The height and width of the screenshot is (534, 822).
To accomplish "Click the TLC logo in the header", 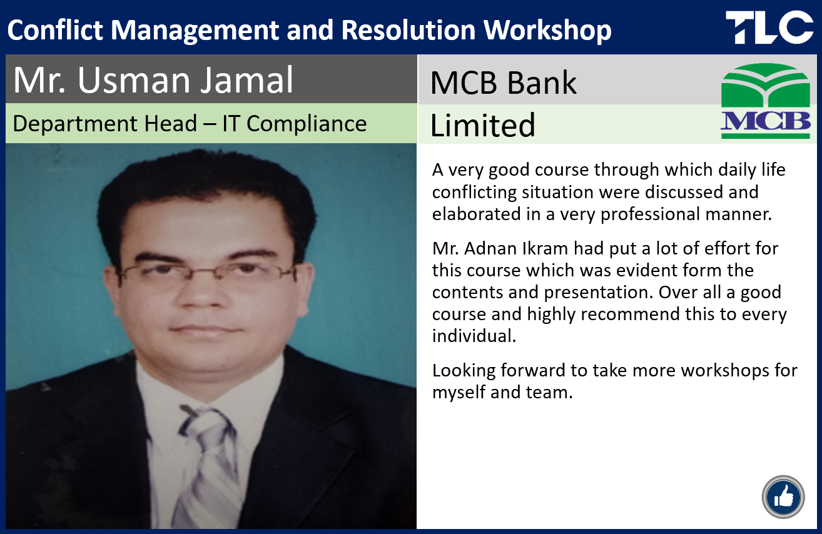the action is click(x=769, y=27).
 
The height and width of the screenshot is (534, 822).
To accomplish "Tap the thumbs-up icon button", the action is click(x=783, y=497).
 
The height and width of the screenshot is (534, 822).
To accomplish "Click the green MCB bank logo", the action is click(x=766, y=101).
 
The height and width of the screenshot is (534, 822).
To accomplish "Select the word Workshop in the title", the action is click(x=547, y=31).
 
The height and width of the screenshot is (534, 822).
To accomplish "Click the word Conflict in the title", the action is click(x=55, y=30).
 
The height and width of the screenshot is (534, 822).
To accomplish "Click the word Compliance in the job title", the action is click(x=307, y=124).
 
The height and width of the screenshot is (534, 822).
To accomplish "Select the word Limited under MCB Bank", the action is click(x=482, y=125).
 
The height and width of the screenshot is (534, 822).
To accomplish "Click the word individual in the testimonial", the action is click(x=474, y=336).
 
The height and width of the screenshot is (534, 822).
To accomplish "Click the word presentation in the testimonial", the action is click(x=598, y=293).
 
